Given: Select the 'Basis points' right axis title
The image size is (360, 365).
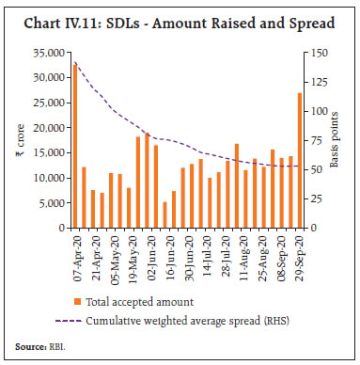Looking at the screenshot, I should coord(339,141).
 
